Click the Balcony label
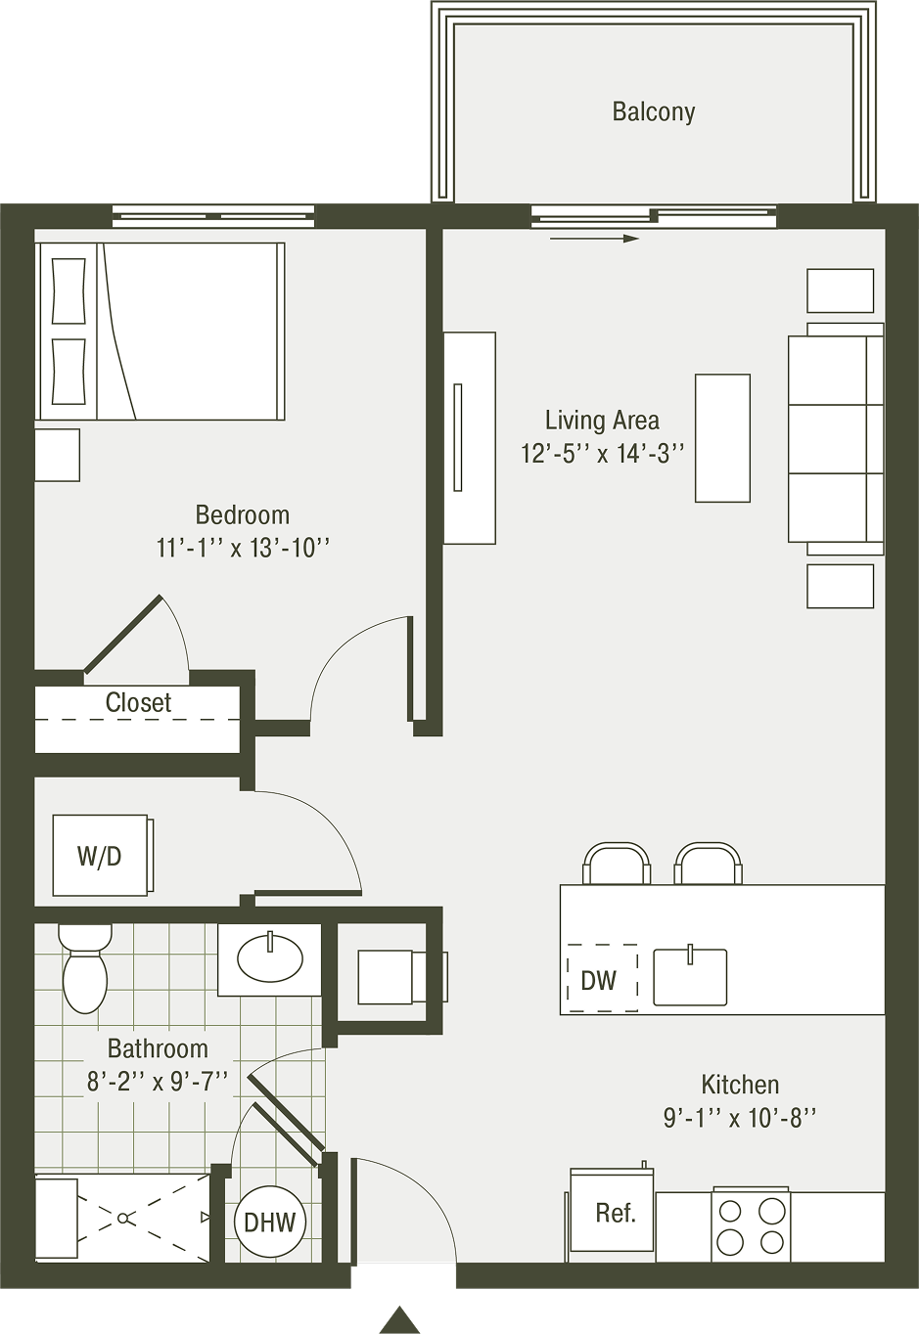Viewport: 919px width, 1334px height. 654,111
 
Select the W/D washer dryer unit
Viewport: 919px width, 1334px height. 100,856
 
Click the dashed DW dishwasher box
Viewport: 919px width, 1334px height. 602,978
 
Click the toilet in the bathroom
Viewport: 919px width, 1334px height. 84,969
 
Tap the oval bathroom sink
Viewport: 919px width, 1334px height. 270,960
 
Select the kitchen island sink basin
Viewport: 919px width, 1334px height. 690,978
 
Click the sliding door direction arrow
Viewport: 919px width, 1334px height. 594,239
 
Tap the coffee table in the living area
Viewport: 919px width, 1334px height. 722,438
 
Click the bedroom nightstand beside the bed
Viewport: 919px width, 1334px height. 57,455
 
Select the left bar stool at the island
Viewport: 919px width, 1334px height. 617,863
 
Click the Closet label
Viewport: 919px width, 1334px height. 138,703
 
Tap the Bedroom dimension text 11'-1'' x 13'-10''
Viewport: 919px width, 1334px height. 243,548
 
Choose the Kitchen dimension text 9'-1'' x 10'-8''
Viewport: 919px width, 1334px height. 740,1119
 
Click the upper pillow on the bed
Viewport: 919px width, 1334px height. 69,291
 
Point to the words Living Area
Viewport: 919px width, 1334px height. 603,422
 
